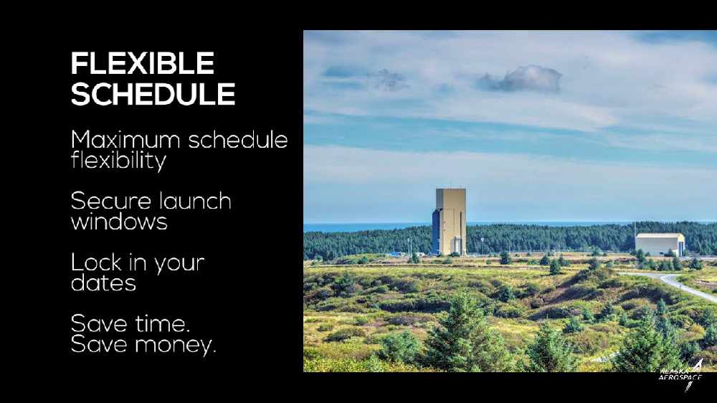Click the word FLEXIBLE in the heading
click(x=143, y=63)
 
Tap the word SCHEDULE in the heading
click(x=153, y=94)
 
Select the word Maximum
click(x=125, y=140)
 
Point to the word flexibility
click(x=118, y=161)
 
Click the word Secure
click(x=111, y=201)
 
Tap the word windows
click(x=119, y=222)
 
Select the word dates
click(x=104, y=283)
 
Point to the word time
click(x=162, y=324)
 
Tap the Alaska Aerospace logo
click(x=681, y=375)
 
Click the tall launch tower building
click(x=450, y=222)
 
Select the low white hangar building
click(x=660, y=245)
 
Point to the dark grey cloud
click(x=519, y=79)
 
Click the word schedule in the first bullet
click(x=238, y=140)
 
